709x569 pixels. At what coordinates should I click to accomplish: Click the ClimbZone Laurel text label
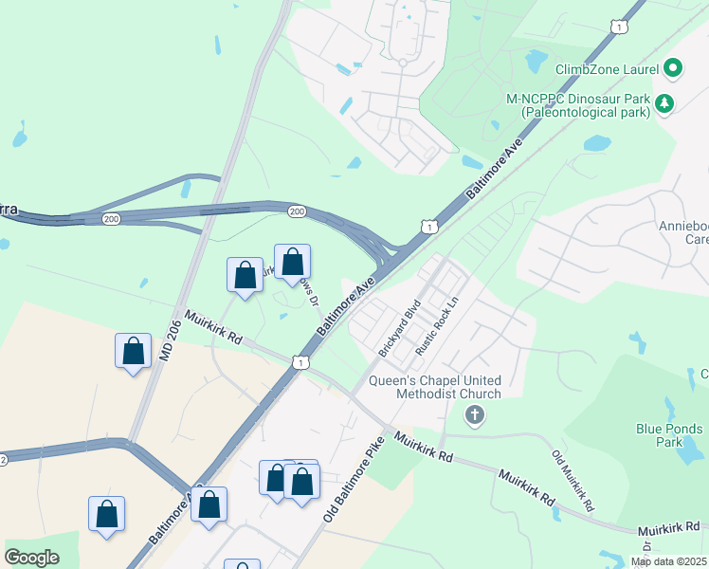(x=607, y=68)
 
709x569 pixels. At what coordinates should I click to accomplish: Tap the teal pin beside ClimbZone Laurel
(x=674, y=67)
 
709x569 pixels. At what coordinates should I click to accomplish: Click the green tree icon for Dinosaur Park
(x=665, y=103)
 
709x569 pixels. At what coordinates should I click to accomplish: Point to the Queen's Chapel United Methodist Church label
(x=446, y=387)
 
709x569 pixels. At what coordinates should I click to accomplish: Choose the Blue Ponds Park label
(x=671, y=435)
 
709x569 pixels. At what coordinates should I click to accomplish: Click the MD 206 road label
(x=168, y=335)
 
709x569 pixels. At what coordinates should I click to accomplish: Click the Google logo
(x=32, y=558)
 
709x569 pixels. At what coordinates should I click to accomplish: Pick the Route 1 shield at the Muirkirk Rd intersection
(x=300, y=362)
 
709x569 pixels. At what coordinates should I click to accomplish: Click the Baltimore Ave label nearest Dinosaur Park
(x=496, y=172)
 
